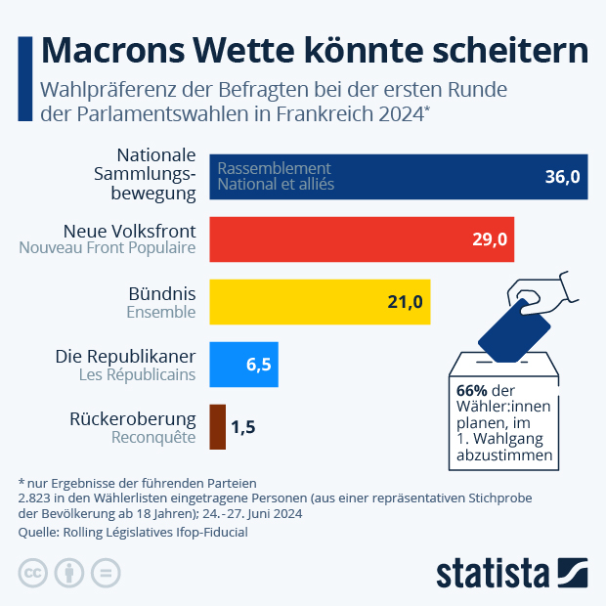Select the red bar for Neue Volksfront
click(362, 239)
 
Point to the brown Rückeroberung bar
click(218, 427)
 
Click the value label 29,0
click(490, 239)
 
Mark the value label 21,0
click(405, 302)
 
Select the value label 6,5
click(259, 365)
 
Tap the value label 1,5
click(243, 427)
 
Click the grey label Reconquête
click(154, 437)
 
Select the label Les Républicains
click(137, 374)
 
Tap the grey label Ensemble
click(161, 312)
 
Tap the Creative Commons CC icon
click(33, 573)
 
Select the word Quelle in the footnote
click(39, 533)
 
